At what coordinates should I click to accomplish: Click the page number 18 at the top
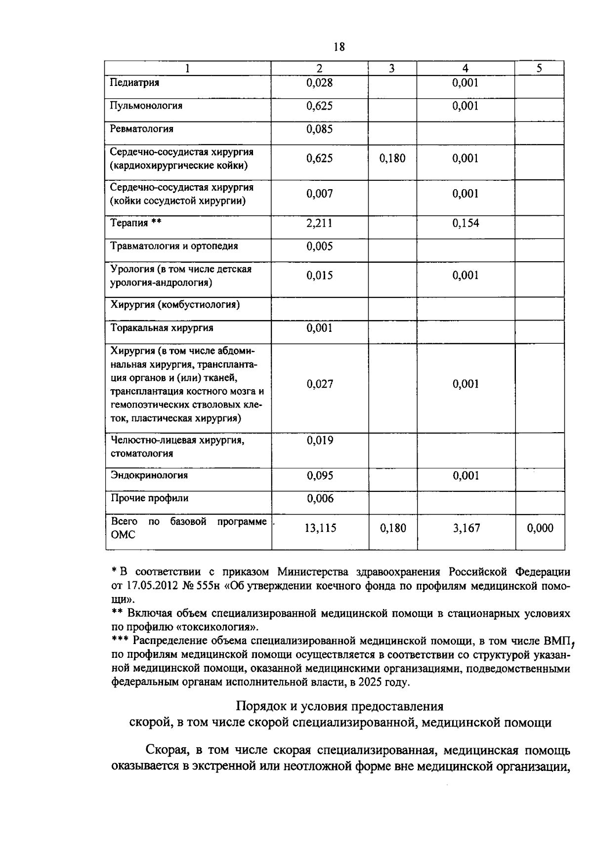tap(339, 47)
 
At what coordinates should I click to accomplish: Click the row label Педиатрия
tap(134, 82)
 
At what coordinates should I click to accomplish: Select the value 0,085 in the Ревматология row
tap(319, 129)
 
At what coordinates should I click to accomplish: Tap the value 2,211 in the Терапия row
tap(319, 223)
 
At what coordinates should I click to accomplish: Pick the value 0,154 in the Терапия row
tap(466, 223)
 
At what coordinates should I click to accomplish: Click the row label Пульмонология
tap(146, 106)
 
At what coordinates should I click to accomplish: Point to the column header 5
tap(539, 69)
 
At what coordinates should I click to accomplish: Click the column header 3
tap(392, 69)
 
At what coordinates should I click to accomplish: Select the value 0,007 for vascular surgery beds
tap(319, 194)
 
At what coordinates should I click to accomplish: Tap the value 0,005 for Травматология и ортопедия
tap(319, 246)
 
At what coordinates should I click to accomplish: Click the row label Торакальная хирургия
tap(162, 328)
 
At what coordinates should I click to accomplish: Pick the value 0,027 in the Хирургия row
tap(319, 384)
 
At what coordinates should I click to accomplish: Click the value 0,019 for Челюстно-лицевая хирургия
tap(320, 441)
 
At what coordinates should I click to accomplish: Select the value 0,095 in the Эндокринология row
tap(320, 476)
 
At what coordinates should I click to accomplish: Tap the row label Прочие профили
tap(149, 498)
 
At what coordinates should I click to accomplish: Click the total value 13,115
tap(320, 528)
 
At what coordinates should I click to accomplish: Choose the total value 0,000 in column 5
tap(540, 528)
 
